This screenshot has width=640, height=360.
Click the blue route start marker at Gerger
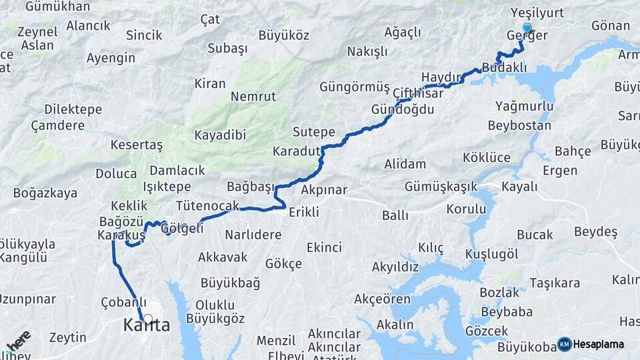[x=527, y=28]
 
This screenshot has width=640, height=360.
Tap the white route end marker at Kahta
[x=147, y=320]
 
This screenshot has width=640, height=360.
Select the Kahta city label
[x=147, y=326]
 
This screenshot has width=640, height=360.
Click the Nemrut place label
[x=253, y=97]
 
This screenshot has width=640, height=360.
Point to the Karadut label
[x=297, y=151]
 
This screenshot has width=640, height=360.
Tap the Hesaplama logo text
[x=599, y=344]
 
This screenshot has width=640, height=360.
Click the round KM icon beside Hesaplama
[x=565, y=344]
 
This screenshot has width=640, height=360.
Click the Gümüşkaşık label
[x=441, y=187]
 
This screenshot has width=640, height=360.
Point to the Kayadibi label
[x=220, y=135]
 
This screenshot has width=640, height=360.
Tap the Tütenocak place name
[x=207, y=206]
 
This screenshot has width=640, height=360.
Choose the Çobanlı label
[x=123, y=303]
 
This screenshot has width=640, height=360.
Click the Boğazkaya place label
[x=45, y=193]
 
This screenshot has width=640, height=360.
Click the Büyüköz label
[x=284, y=35]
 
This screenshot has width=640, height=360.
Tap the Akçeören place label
[x=383, y=299]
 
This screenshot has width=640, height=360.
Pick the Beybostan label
[x=519, y=125]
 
